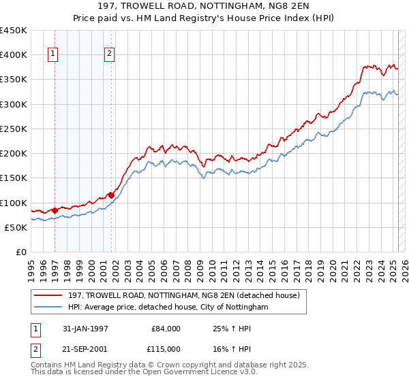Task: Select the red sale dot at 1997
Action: point(55,210)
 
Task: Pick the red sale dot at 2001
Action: point(111,195)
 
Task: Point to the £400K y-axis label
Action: point(14,55)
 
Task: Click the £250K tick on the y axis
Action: point(14,129)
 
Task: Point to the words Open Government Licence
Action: point(209,373)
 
